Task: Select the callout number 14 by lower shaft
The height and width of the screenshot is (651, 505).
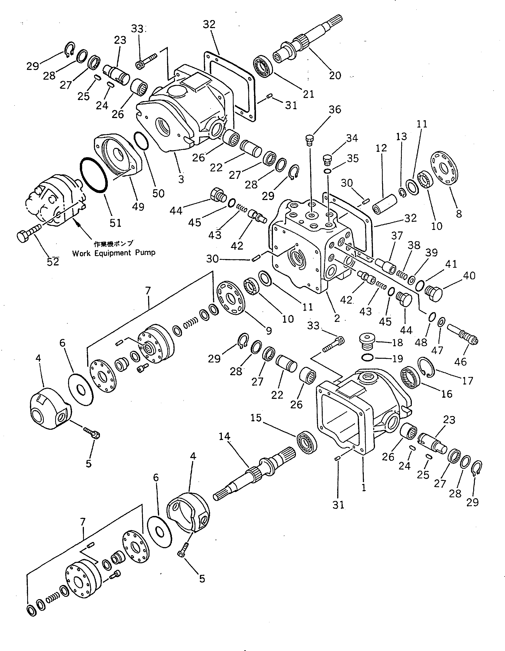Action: tap(225, 436)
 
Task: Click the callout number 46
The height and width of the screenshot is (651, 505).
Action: tap(460, 361)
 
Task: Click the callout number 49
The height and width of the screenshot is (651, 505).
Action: tap(138, 207)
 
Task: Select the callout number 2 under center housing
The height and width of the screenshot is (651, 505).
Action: tap(337, 318)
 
